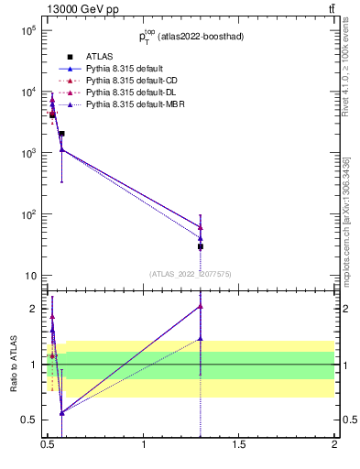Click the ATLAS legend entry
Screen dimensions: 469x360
coord(99,57)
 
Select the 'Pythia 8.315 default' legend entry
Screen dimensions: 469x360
coord(126,69)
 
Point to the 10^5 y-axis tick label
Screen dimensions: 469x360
coord(28,30)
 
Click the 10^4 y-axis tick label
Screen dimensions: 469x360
coord(28,92)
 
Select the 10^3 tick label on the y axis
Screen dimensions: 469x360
coord(28,153)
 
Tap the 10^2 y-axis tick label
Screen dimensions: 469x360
coord(28,214)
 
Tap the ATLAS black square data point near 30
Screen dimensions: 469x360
coord(201,246)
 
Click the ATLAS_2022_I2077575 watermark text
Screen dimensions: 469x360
coord(191,273)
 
